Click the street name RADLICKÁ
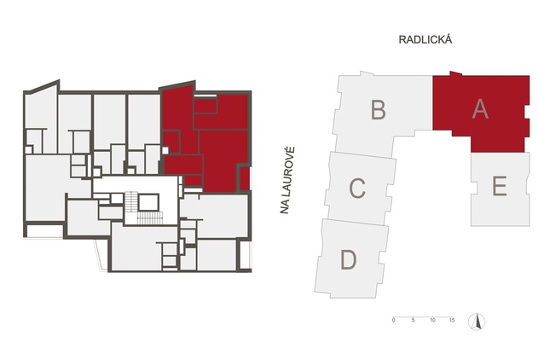[x=425, y=39]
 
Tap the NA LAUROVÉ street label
[x=286, y=180]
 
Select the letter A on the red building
[x=480, y=109]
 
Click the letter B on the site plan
[x=379, y=109]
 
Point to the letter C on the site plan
[x=357, y=188]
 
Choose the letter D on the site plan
[x=349, y=260]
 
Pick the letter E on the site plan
[x=500, y=186]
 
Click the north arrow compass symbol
[x=477, y=322]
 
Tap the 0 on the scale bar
[x=394, y=320]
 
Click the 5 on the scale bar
[x=414, y=320]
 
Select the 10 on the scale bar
[x=432, y=320]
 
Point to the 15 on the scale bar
[x=452, y=320]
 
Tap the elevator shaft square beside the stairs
[x=148, y=202]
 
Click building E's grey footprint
[x=500, y=189]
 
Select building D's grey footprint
[x=351, y=258]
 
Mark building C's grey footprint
[x=361, y=189]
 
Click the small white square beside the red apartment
[x=165, y=150]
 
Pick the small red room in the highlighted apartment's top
[x=205, y=105]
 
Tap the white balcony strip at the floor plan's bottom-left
[x=44, y=231]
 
